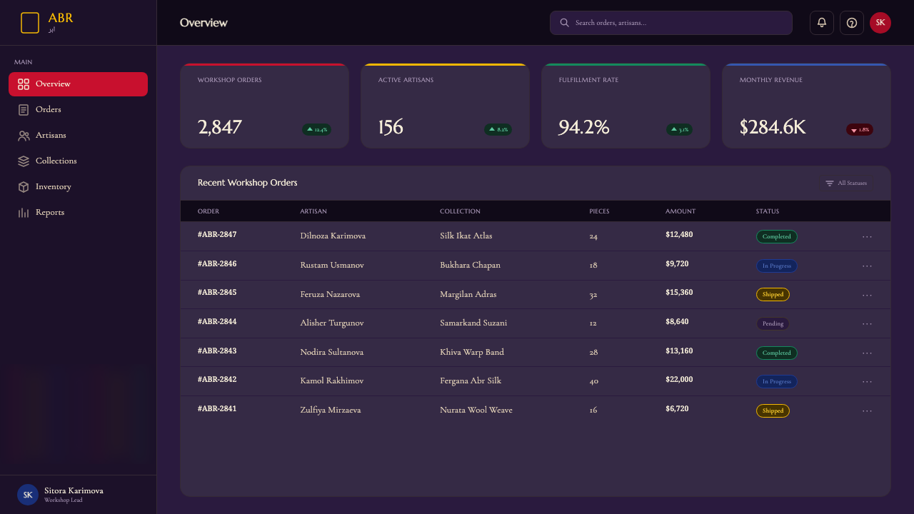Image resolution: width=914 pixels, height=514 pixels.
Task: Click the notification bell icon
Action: tap(821, 23)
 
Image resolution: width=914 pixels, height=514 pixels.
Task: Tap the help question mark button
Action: tap(852, 23)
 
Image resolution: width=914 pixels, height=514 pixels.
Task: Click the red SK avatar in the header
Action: tap(880, 23)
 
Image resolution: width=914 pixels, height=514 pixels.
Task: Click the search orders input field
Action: tap(671, 23)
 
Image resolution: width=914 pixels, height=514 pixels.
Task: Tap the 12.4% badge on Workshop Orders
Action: tap(316, 130)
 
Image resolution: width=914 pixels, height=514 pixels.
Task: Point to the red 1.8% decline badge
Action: tap(859, 130)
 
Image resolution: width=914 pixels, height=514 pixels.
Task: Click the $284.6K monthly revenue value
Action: tap(773, 127)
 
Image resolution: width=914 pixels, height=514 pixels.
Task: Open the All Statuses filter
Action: tap(846, 183)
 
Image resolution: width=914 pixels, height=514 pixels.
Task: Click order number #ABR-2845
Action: tap(217, 293)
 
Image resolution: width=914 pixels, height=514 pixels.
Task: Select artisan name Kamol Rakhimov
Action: tap(332, 381)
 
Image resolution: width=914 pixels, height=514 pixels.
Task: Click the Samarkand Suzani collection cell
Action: tap(473, 323)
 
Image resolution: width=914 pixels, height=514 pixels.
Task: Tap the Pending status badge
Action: tap(773, 323)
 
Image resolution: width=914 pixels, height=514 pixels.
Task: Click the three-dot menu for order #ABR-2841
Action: tap(867, 410)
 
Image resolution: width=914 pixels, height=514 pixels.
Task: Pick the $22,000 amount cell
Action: tap(679, 379)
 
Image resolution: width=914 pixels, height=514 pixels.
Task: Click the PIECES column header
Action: tap(599, 211)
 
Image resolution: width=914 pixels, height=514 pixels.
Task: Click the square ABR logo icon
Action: tap(30, 23)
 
